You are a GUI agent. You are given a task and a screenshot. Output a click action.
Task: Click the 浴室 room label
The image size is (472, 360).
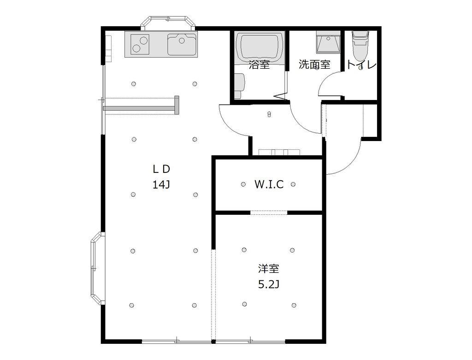coord(259,65)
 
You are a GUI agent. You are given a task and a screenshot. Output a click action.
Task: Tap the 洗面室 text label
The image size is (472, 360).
coord(314,65)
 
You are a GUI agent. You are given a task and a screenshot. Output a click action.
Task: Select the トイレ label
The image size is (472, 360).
coord(361,65)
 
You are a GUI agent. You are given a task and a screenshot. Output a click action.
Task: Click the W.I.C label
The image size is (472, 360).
coord(269,184)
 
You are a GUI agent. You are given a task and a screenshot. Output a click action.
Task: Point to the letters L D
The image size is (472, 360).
coord(161,169)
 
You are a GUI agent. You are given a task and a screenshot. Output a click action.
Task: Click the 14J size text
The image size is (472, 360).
coord(161,184)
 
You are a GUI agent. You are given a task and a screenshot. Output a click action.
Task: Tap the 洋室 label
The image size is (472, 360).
coord(269,268)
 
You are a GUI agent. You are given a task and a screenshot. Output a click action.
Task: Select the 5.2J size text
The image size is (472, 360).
coord(269,284)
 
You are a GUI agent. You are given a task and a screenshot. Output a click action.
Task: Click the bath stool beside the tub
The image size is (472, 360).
coord(239,86)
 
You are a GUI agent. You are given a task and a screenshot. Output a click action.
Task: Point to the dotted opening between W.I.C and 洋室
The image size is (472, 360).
coord(269,212)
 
